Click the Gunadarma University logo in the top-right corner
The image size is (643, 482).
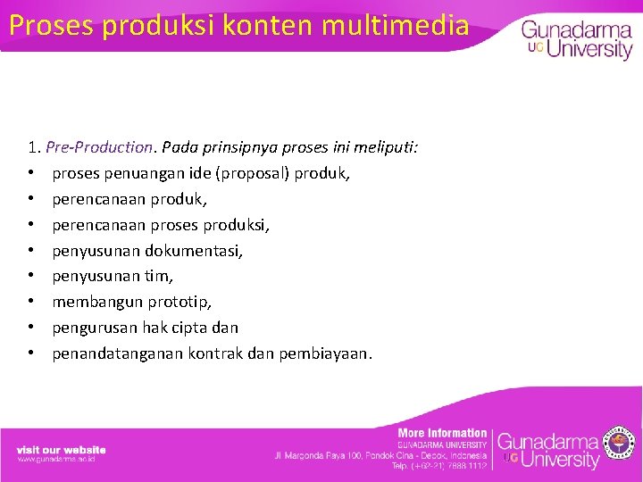click(576, 40)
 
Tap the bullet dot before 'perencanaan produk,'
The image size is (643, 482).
click(30, 198)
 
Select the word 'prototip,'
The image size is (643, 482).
click(182, 302)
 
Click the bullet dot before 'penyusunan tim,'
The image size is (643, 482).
click(30, 276)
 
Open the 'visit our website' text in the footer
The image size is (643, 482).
click(61, 449)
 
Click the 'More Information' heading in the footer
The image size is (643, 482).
click(442, 433)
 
